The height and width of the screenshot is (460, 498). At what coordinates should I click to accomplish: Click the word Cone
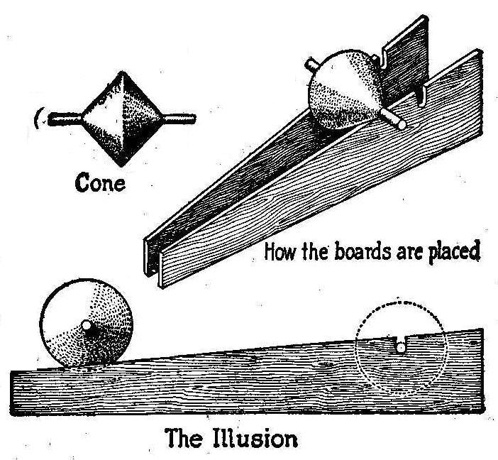(101, 183)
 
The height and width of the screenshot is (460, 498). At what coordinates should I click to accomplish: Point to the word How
(280, 251)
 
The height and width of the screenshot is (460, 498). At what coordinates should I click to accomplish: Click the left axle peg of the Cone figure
(65, 119)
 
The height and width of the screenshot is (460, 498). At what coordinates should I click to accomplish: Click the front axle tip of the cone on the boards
(402, 124)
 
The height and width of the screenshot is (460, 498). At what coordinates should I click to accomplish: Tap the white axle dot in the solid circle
(87, 326)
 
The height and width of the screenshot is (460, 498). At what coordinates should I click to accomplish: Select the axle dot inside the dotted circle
(400, 348)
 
